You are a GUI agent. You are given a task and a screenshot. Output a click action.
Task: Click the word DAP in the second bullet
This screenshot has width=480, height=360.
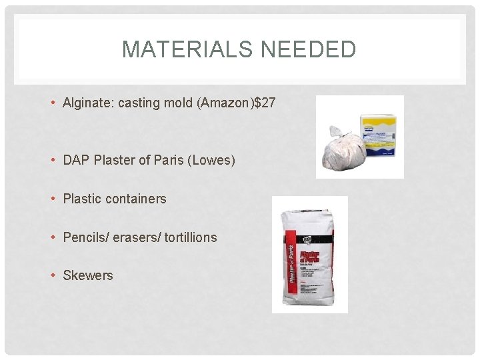[x=75, y=161]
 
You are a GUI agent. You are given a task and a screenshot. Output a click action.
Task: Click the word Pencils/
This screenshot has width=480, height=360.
[x=86, y=237]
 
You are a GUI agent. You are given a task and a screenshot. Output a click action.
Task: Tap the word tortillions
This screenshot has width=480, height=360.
[x=189, y=237]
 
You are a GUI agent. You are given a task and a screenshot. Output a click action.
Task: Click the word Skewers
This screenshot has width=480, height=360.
[x=88, y=275]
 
